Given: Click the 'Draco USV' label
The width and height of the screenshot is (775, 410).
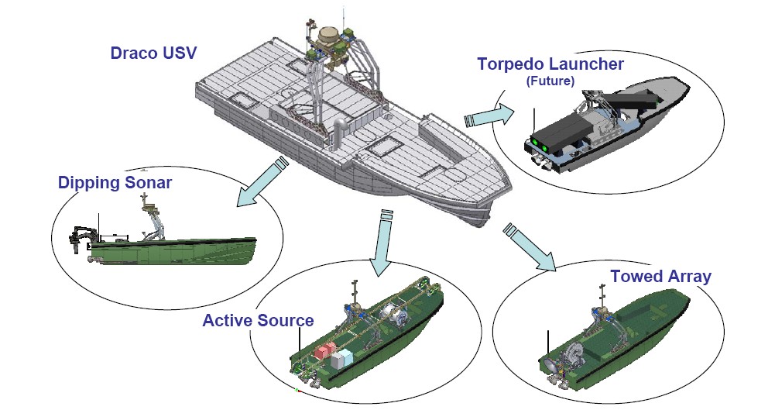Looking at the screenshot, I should point(153,53).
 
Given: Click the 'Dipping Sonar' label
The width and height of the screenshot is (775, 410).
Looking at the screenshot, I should point(115,183).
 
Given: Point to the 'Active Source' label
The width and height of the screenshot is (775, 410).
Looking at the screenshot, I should point(258,320).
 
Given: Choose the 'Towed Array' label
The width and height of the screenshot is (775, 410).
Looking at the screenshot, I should point(660,276).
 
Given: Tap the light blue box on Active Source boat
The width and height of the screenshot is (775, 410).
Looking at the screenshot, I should point(342,358).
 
